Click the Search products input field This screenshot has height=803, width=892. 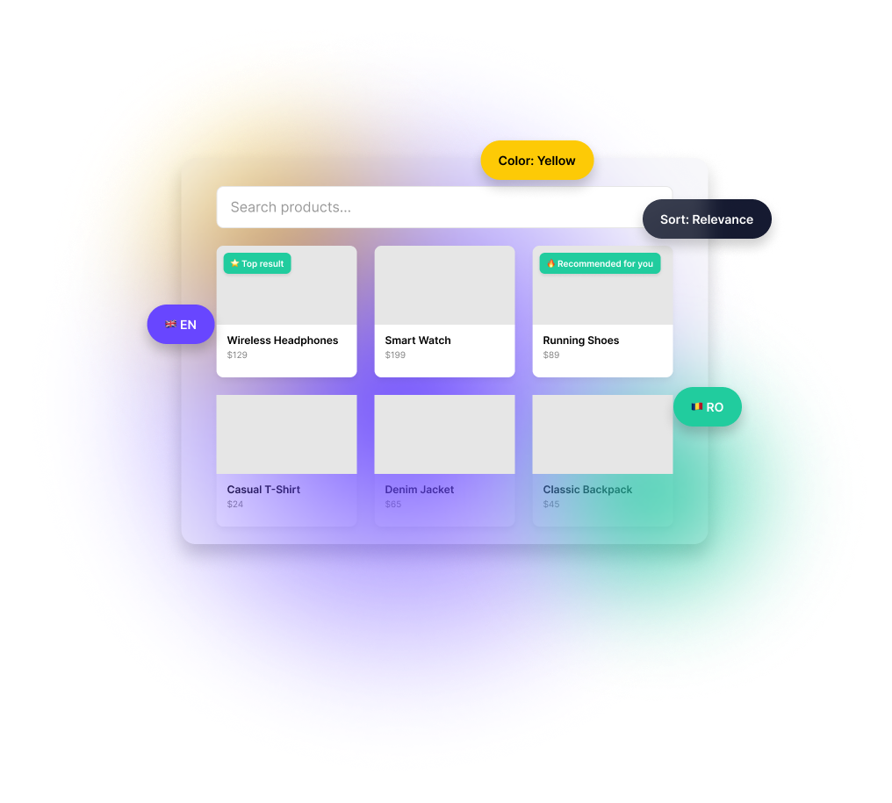[x=430, y=207]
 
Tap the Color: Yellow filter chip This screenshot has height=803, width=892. [x=536, y=161]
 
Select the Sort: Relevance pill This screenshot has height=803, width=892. [x=707, y=219]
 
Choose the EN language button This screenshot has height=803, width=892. [x=181, y=325]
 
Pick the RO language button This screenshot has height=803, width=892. [x=708, y=407]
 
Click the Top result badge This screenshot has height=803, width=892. [x=257, y=263]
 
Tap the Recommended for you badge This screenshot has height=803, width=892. [x=600, y=263]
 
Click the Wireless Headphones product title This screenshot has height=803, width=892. [x=283, y=341]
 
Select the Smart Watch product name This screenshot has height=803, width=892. [x=418, y=341]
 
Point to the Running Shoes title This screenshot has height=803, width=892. [x=581, y=341]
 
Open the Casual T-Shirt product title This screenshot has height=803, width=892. [x=263, y=490]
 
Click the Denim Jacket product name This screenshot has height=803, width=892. [x=420, y=490]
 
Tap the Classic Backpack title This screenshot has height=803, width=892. [x=587, y=490]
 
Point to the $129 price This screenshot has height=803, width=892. [x=237, y=355]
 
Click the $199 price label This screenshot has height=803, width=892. [x=395, y=355]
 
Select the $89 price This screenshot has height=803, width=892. [x=551, y=355]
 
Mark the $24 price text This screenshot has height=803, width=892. [x=235, y=505]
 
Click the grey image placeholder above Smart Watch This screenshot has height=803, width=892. [x=444, y=285]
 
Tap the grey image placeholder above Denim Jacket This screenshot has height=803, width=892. [x=444, y=434]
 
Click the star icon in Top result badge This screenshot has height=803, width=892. [x=234, y=263]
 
